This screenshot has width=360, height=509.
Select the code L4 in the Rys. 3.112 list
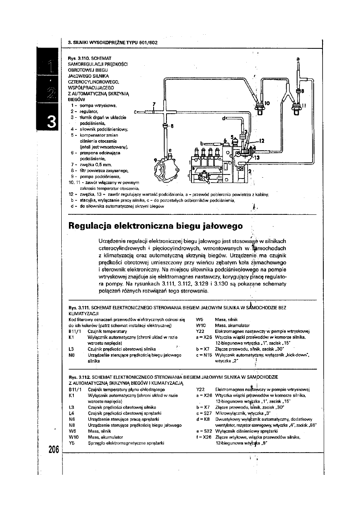pyautogui.click(x=72, y=413)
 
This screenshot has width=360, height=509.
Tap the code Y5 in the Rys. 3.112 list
pyautogui.click(x=72, y=442)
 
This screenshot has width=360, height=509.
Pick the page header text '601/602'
pyautogui.click(x=136, y=42)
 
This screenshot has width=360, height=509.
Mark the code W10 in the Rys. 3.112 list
pyautogui.click(x=74, y=436)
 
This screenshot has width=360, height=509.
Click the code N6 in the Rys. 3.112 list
pyautogui.click(x=72, y=419)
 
